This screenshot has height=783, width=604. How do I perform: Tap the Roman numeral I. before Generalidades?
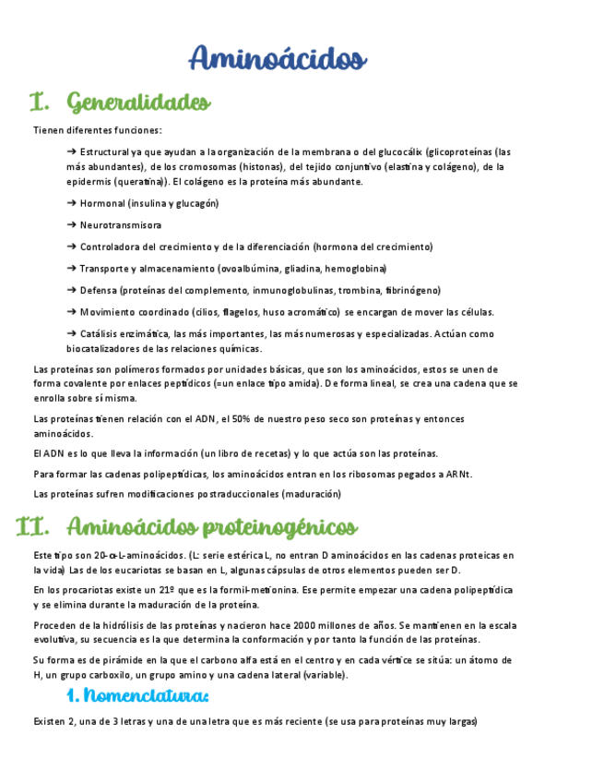(38, 101)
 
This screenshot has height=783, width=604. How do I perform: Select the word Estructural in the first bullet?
(104, 151)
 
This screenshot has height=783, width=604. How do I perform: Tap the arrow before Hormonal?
(72, 203)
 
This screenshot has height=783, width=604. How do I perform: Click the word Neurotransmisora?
(121, 225)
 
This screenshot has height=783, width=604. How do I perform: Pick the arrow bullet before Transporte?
(72, 269)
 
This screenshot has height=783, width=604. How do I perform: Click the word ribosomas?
(375, 474)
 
